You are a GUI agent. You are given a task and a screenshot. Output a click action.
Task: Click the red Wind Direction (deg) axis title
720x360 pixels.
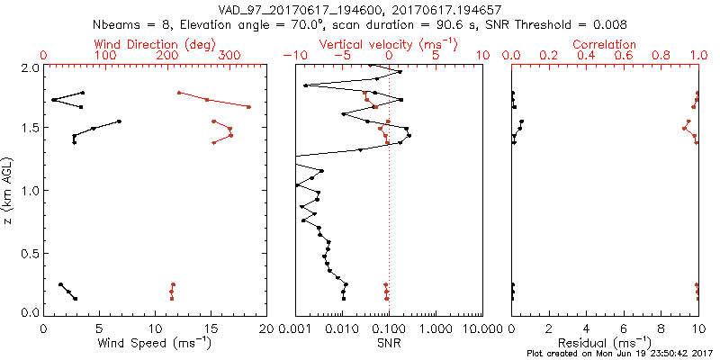click(x=155, y=44)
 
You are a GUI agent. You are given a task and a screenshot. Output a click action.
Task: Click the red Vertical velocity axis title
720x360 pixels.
click(x=388, y=44)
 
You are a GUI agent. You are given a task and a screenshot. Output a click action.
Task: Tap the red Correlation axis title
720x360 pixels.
click(x=605, y=44)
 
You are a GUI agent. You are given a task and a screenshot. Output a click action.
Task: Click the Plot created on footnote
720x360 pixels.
click(x=622, y=354)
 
